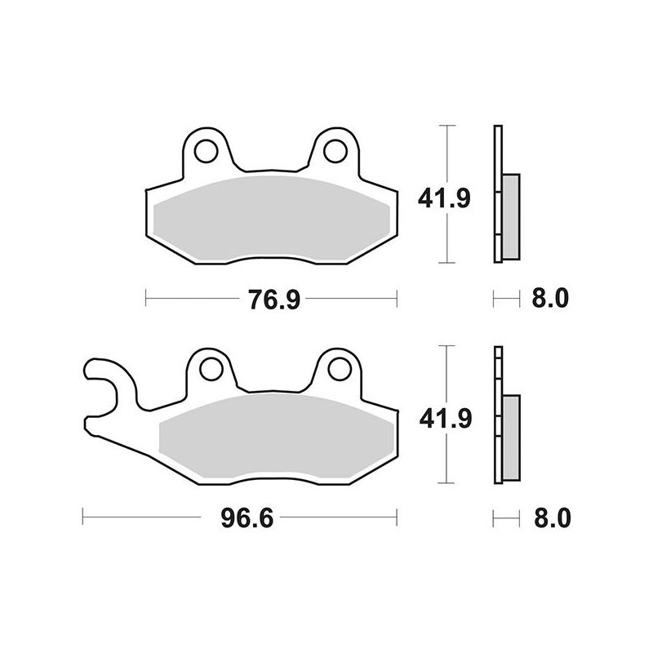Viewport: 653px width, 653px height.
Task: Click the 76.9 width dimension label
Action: pyautogui.click(x=274, y=300)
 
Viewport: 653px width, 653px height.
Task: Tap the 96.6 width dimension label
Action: pyautogui.click(x=247, y=518)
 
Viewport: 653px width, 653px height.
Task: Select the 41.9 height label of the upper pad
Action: pyautogui.click(x=444, y=198)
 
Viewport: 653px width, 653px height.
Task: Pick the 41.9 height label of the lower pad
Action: pyautogui.click(x=446, y=419)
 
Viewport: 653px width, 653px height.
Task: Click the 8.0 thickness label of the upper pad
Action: pyautogui.click(x=550, y=298)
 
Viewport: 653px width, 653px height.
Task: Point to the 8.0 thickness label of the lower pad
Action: pyautogui.click(x=553, y=518)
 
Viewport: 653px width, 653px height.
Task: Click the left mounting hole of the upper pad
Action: pyautogui.click(x=207, y=151)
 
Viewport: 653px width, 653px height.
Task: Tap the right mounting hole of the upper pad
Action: pyautogui.click(x=335, y=151)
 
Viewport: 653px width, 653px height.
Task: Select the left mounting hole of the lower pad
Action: pyautogui.click(x=211, y=369)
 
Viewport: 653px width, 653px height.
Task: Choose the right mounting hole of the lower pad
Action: pyautogui.click(x=340, y=369)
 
